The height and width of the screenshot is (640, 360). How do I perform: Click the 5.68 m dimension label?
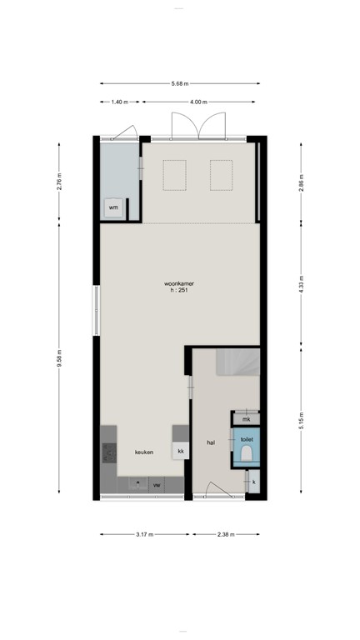tap(180, 83)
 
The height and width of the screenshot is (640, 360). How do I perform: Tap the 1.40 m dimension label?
tap(119, 102)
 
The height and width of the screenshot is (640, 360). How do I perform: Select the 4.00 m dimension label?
tap(197, 102)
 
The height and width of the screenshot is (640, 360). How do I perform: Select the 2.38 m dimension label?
tap(225, 534)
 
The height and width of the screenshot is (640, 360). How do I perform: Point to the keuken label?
tap(145, 452)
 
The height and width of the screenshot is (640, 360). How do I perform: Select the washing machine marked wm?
tap(113, 207)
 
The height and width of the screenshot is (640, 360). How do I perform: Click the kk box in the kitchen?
tap(180, 452)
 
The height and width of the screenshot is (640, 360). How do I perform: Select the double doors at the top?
tap(198, 126)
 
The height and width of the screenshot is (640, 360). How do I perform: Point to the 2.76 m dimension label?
tap(59, 181)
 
